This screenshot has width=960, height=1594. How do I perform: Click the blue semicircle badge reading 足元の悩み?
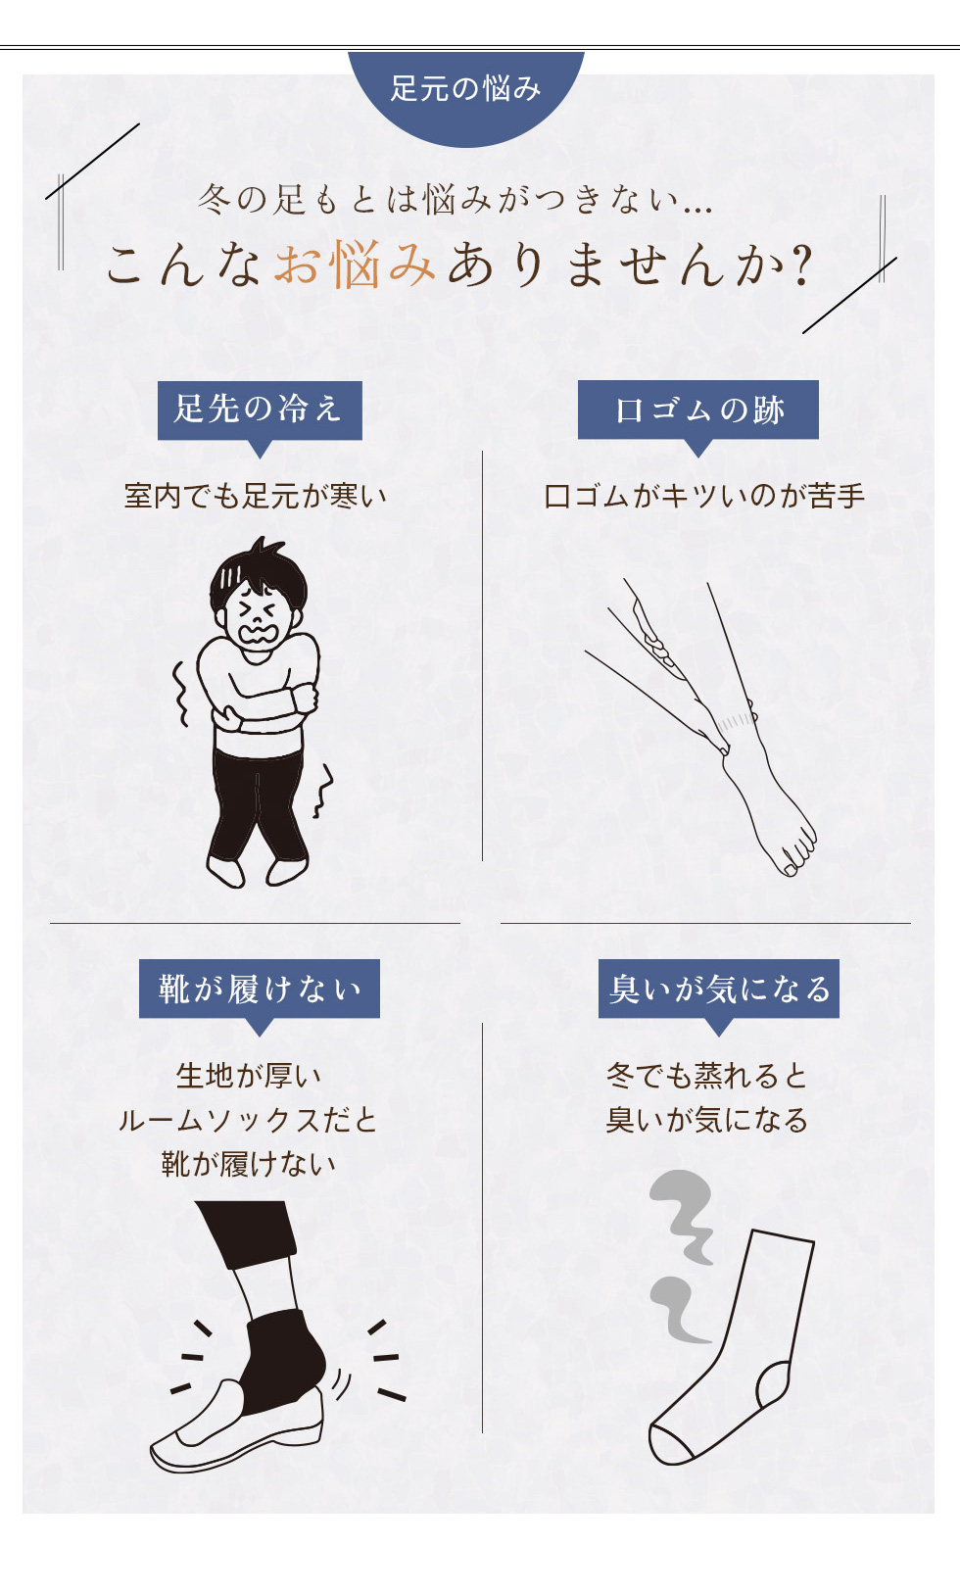pos(466,96)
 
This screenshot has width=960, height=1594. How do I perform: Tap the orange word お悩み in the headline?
pos(355,264)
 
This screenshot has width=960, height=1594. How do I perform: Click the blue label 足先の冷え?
pos(260,411)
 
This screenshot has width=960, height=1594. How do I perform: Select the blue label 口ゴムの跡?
pos(698,410)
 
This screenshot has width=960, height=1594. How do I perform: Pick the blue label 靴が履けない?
pos(259,989)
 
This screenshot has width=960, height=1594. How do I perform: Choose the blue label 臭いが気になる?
pos(719,989)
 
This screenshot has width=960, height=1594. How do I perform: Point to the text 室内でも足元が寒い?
pos(256,496)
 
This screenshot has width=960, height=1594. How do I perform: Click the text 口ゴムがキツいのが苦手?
pos(704,496)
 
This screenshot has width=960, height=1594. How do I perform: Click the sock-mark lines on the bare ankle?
pos(735,723)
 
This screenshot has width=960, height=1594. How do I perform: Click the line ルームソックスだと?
pos(248,1120)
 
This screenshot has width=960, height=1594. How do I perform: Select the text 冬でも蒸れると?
pos(707,1075)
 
